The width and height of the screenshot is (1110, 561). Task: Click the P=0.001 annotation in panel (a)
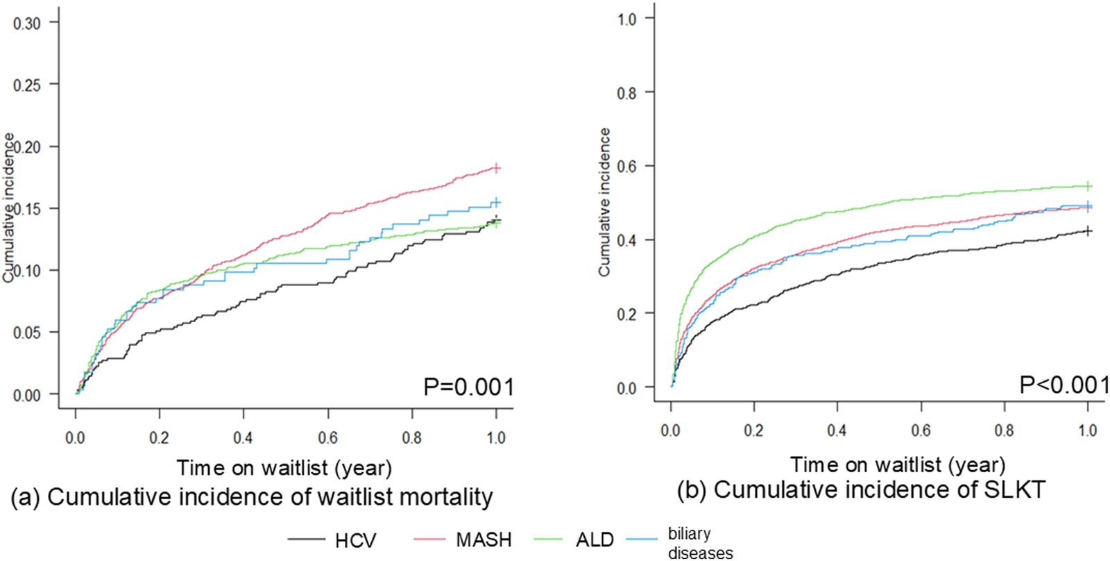[469, 387]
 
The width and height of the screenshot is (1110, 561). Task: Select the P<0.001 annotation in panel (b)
[1064, 384]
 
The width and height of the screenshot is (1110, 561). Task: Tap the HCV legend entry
[355, 540]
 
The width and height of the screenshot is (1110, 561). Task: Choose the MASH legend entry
[484, 539]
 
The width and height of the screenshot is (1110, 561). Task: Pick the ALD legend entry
[595, 539]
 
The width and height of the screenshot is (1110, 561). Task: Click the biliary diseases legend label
[699, 543]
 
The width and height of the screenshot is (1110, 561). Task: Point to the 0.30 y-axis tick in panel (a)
[27, 23]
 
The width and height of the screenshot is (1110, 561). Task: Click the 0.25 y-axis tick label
[27, 85]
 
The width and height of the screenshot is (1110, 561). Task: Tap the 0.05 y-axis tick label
[27, 333]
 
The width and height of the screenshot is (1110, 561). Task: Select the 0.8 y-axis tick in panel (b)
[627, 92]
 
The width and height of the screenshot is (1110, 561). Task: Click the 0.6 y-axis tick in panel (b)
[627, 167]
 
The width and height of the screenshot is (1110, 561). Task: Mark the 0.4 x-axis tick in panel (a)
[244, 438]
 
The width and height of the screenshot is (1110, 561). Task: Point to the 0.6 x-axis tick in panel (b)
[921, 430]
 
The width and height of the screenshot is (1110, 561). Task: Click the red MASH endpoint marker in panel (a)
[496, 168]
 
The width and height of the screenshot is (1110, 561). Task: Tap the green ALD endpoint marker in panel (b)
[1088, 186]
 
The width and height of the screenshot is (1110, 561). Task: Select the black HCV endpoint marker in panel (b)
[1088, 231]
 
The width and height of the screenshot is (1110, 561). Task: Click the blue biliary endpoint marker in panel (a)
[496, 203]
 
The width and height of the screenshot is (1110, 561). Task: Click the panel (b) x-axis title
[898, 464]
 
